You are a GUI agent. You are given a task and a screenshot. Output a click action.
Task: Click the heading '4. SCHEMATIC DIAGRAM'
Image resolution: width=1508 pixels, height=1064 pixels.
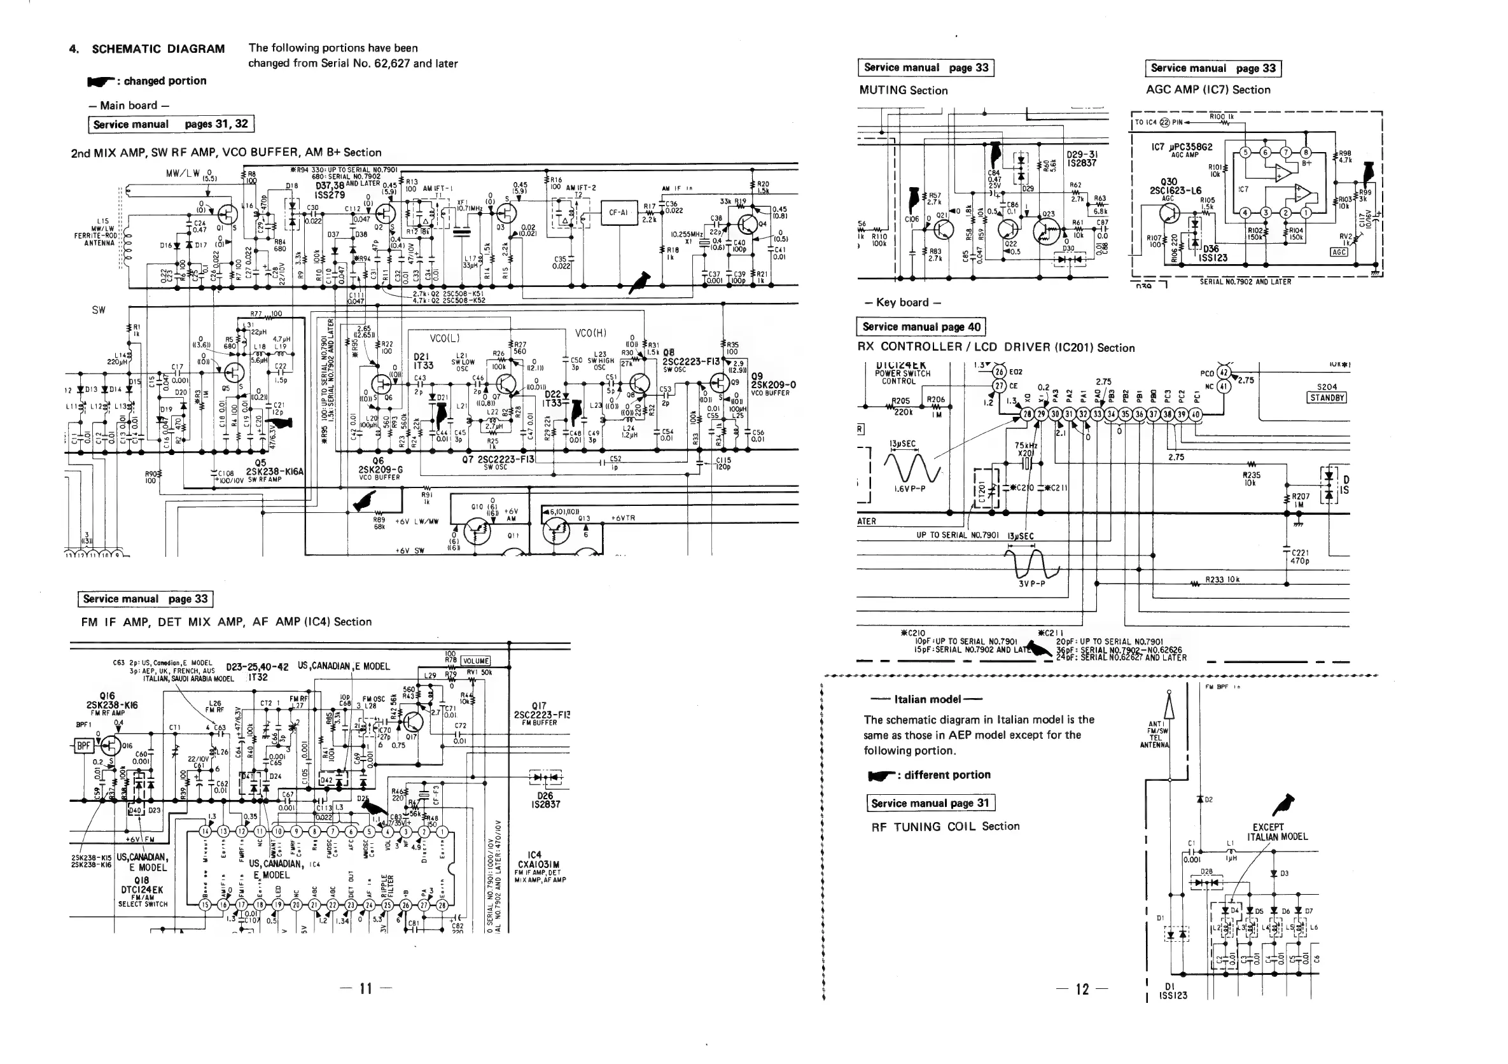click(x=147, y=48)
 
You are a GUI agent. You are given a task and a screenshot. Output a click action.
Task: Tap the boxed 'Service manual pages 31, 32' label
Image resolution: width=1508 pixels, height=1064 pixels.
click(x=170, y=124)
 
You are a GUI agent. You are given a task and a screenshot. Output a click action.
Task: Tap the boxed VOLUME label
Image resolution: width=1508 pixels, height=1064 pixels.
click(x=475, y=661)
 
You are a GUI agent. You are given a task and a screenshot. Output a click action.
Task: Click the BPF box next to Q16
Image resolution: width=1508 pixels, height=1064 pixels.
click(x=83, y=745)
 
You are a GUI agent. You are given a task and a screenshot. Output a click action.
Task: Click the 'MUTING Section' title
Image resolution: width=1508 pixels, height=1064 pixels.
click(x=903, y=90)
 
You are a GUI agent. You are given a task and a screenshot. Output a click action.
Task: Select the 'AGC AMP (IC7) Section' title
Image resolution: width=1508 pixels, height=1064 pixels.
click(x=1208, y=90)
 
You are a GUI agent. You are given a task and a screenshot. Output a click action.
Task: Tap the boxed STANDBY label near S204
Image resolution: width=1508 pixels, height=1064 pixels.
click(x=1327, y=397)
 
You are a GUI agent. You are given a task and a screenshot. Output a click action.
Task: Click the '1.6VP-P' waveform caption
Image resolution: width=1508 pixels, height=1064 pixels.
click(x=910, y=489)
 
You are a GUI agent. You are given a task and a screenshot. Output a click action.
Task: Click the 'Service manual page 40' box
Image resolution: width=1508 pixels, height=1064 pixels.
click(x=921, y=326)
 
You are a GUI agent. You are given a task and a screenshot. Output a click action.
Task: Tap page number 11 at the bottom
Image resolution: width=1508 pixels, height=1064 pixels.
click(x=366, y=988)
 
